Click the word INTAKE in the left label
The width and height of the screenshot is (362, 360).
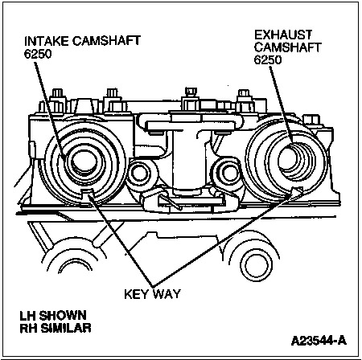click(x=47, y=41)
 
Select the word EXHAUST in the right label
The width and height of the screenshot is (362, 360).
click(x=283, y=35)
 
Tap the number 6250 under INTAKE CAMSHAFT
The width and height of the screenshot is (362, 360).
click(x=38, y=54)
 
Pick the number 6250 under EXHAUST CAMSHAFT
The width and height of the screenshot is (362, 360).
click(x=268, y=59)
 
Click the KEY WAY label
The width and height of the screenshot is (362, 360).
click(x=152, y=294)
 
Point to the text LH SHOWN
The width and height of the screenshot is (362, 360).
click(x=53, y=316)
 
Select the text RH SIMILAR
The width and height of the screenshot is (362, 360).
click(x=56, y=328)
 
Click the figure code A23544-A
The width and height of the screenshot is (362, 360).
click(x=319, y=341)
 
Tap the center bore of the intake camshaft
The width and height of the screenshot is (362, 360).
click(x=84, y=162)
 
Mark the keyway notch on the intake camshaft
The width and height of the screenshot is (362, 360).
click(x=87, y=192)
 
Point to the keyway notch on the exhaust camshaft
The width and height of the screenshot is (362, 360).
click(x=297, y=190)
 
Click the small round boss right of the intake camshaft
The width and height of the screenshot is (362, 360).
click(x=139, y=174)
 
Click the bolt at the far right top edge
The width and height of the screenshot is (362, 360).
click(x=311, y=120)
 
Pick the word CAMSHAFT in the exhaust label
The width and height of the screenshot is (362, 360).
click(x=288, y=47)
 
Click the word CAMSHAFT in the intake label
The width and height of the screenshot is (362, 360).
click(x=106, y=41)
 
